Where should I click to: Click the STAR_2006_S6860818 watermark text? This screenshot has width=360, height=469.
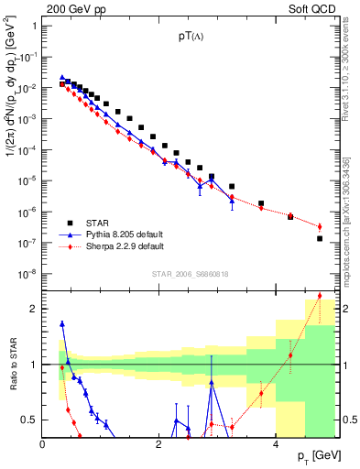click(x=189, y=274)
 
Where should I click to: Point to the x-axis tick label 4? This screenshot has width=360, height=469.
click(x=277, y=445)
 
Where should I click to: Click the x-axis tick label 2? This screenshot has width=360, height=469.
click(x=160, y=445)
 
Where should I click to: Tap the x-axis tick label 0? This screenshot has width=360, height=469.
click(x=43, y=445)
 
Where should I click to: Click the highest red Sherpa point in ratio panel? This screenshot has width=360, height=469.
click(x=320, y=296)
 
